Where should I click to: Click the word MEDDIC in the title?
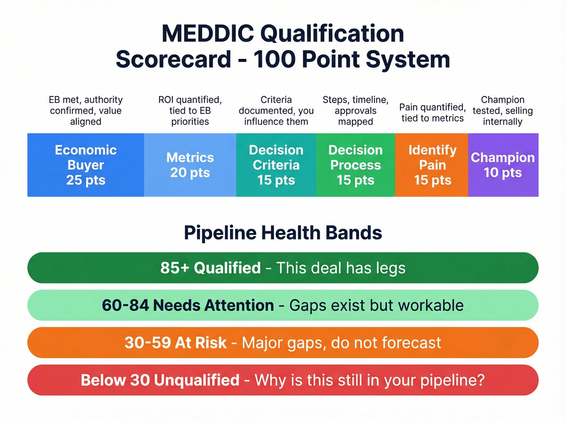coord(208,34)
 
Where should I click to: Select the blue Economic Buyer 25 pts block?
coord(86,165)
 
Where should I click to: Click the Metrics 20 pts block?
coord(190,165)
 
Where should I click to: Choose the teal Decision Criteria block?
coord(276,165)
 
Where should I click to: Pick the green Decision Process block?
coord(355,165)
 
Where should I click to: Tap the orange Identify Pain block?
coord(432,165)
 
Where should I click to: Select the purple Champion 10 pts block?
coord(503,165)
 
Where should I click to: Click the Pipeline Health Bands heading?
coord(283,233)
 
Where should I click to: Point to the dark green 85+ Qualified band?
coord(283,268)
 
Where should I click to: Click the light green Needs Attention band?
coord(283,305)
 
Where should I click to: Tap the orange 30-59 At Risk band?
coord(283,343)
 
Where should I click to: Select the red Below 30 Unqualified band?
coord(283,380)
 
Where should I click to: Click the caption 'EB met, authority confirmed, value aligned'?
coord(86,111)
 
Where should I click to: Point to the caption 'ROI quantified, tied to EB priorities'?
coord(190,111)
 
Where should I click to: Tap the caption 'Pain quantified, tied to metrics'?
coord(432,113)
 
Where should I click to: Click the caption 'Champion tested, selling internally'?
coord(503,111)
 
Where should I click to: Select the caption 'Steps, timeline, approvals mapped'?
coord(355,111)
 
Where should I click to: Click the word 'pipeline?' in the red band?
coord(452,380)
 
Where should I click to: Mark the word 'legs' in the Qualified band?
coord(391,268)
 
